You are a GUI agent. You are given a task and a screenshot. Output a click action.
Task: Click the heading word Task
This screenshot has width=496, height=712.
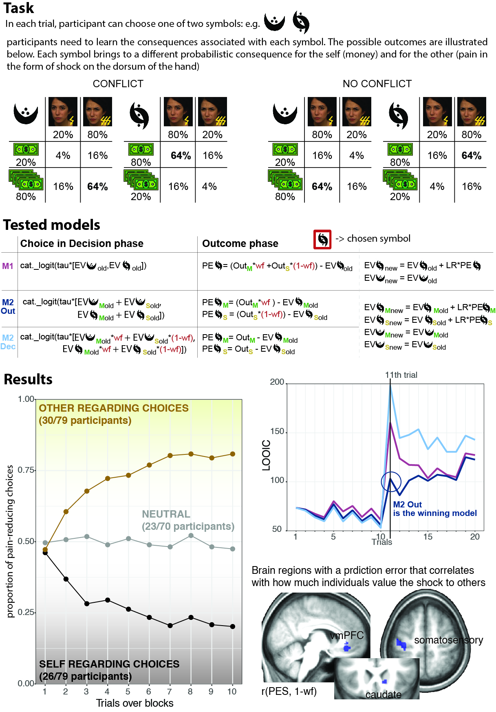click(19, 8)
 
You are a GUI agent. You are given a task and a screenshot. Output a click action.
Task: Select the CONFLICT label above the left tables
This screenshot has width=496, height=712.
click(118, 84)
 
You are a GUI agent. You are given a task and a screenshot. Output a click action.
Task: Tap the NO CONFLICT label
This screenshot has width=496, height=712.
click(377, 84)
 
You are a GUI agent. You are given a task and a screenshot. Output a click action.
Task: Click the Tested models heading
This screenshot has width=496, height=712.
click(52, 225)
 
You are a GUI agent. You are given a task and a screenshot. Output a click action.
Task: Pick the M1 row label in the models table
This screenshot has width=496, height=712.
click(8, 266)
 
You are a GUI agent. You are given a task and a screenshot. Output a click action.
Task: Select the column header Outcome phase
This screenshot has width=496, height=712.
click(240, 244)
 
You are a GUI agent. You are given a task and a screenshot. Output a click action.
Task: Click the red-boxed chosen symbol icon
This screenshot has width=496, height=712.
click(322, 239)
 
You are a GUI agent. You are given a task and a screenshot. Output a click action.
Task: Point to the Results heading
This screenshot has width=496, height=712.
click(28, 379)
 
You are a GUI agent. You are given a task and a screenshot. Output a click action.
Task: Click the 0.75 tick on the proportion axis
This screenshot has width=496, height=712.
click(26, 470)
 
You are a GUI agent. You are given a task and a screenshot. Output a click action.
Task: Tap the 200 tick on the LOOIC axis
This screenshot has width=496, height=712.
click(277, 382)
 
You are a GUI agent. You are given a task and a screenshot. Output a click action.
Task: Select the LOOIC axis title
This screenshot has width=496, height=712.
click(266, 455)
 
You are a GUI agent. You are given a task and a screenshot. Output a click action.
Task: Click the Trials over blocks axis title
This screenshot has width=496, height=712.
click(134, 703)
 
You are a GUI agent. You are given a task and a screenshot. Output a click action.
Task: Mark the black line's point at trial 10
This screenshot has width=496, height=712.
click(233, 626)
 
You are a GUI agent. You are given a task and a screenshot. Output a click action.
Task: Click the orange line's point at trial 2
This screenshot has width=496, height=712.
click(66, 511)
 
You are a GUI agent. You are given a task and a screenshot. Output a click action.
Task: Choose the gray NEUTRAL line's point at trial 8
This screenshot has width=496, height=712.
click(191, 536)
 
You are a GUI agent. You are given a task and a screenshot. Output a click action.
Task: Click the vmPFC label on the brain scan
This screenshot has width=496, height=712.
click(347, 635)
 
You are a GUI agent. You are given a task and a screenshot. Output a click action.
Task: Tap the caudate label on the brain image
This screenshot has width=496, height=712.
click(383, 694)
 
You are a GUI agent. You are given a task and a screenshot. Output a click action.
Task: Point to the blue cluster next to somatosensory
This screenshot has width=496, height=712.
click(401, 644)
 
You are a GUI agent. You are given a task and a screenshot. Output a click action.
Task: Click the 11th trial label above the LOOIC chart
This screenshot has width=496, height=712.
click(401, 375)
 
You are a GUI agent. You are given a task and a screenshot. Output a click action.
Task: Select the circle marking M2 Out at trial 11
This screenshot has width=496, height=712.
click(391, 482)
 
